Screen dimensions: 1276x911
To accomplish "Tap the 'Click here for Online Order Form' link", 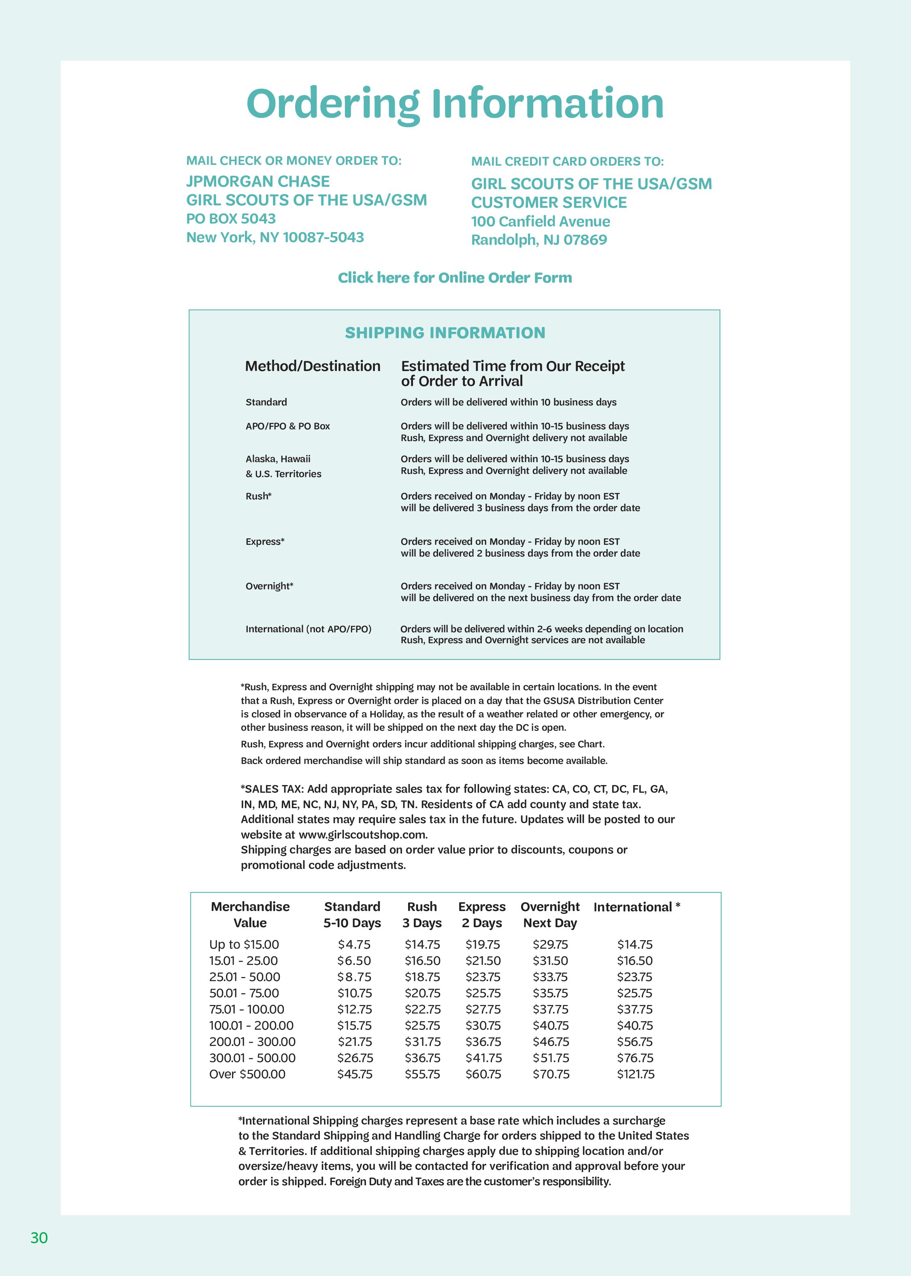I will (x=455, y=278).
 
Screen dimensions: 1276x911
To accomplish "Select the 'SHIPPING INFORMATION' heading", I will (x=445, y=333).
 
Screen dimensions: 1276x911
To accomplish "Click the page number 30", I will (x=39, y=1237).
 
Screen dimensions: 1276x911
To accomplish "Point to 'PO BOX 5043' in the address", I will (x=231, y=219).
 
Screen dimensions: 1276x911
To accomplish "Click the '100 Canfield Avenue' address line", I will (x=540, y=222).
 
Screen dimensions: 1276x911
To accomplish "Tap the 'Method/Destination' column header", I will (x=313, y=367).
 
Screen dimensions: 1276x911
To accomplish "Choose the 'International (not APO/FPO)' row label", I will (x=309, y=629).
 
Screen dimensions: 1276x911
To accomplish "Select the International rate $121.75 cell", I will (x=636, y=1074).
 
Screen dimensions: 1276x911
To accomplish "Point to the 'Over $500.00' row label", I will (x=247, y=1074).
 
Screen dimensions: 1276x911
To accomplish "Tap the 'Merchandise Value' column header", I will (x=250, y=915).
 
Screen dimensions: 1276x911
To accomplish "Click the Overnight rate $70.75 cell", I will (x=551, y=1074).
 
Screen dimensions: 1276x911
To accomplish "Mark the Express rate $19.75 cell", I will (x=483, y=944).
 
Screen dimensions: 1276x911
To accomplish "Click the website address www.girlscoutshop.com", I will (x=362, y=834).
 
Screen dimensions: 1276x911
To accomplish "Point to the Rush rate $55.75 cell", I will (x=422, y=1074).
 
